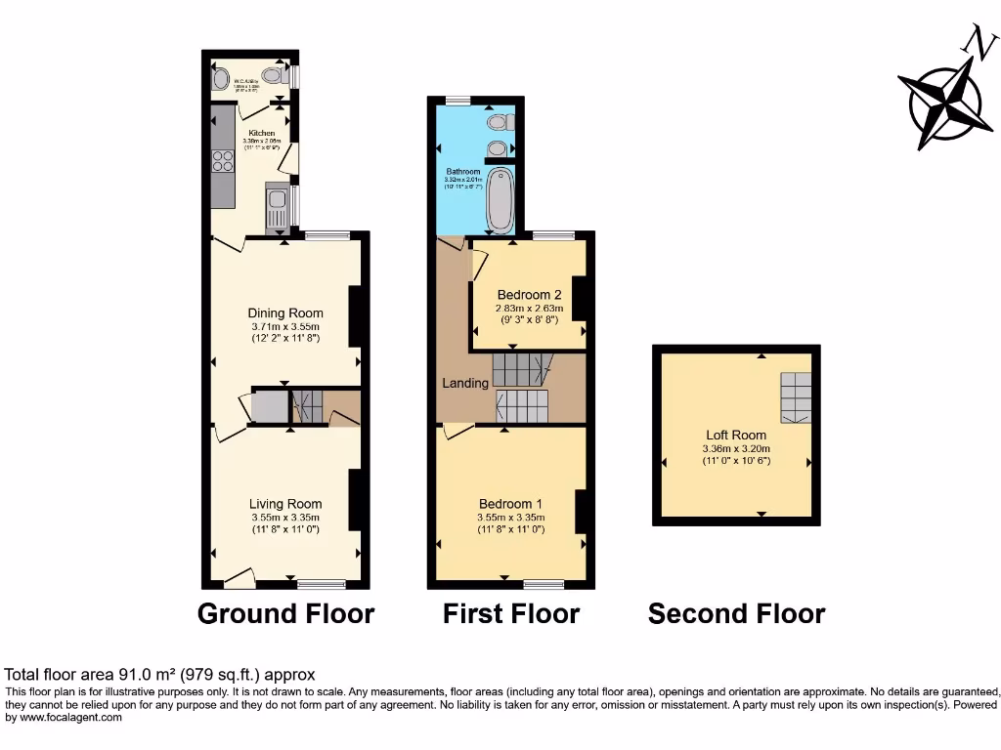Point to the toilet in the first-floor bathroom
tap(501, 121)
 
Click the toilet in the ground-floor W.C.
tap(220, 77)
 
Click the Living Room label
tap(284, 504)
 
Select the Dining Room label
tap(284, 312)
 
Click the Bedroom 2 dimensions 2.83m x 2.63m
tap(529, 309)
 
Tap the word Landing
tap(464, 383)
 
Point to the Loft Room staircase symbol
tap(796, 397)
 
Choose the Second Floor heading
tap(736, 613)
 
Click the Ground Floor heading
tap(285, 613)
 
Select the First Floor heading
tap(511, 613)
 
